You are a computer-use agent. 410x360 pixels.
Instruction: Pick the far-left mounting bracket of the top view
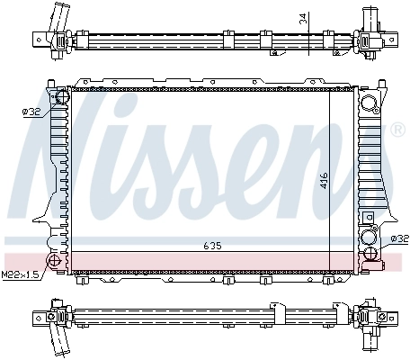[40, 39]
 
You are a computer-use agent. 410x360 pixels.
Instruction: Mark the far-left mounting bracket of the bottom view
[40, 317]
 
